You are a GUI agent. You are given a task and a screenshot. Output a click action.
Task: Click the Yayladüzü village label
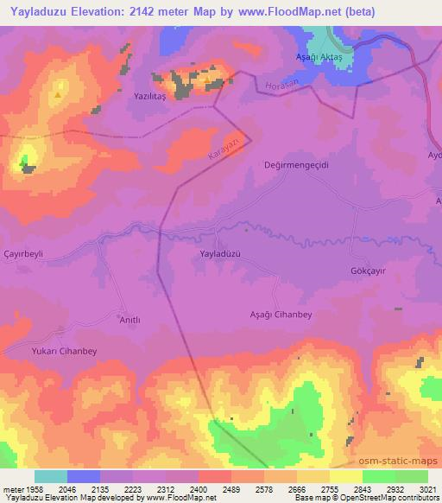(219, 254)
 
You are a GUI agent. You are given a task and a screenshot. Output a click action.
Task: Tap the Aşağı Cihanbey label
(280, 315)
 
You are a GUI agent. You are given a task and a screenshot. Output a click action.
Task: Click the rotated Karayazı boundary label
(223, 150)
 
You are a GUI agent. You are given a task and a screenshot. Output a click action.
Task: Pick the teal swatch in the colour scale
(51, 476)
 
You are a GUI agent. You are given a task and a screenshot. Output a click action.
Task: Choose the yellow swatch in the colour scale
(346, 476)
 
